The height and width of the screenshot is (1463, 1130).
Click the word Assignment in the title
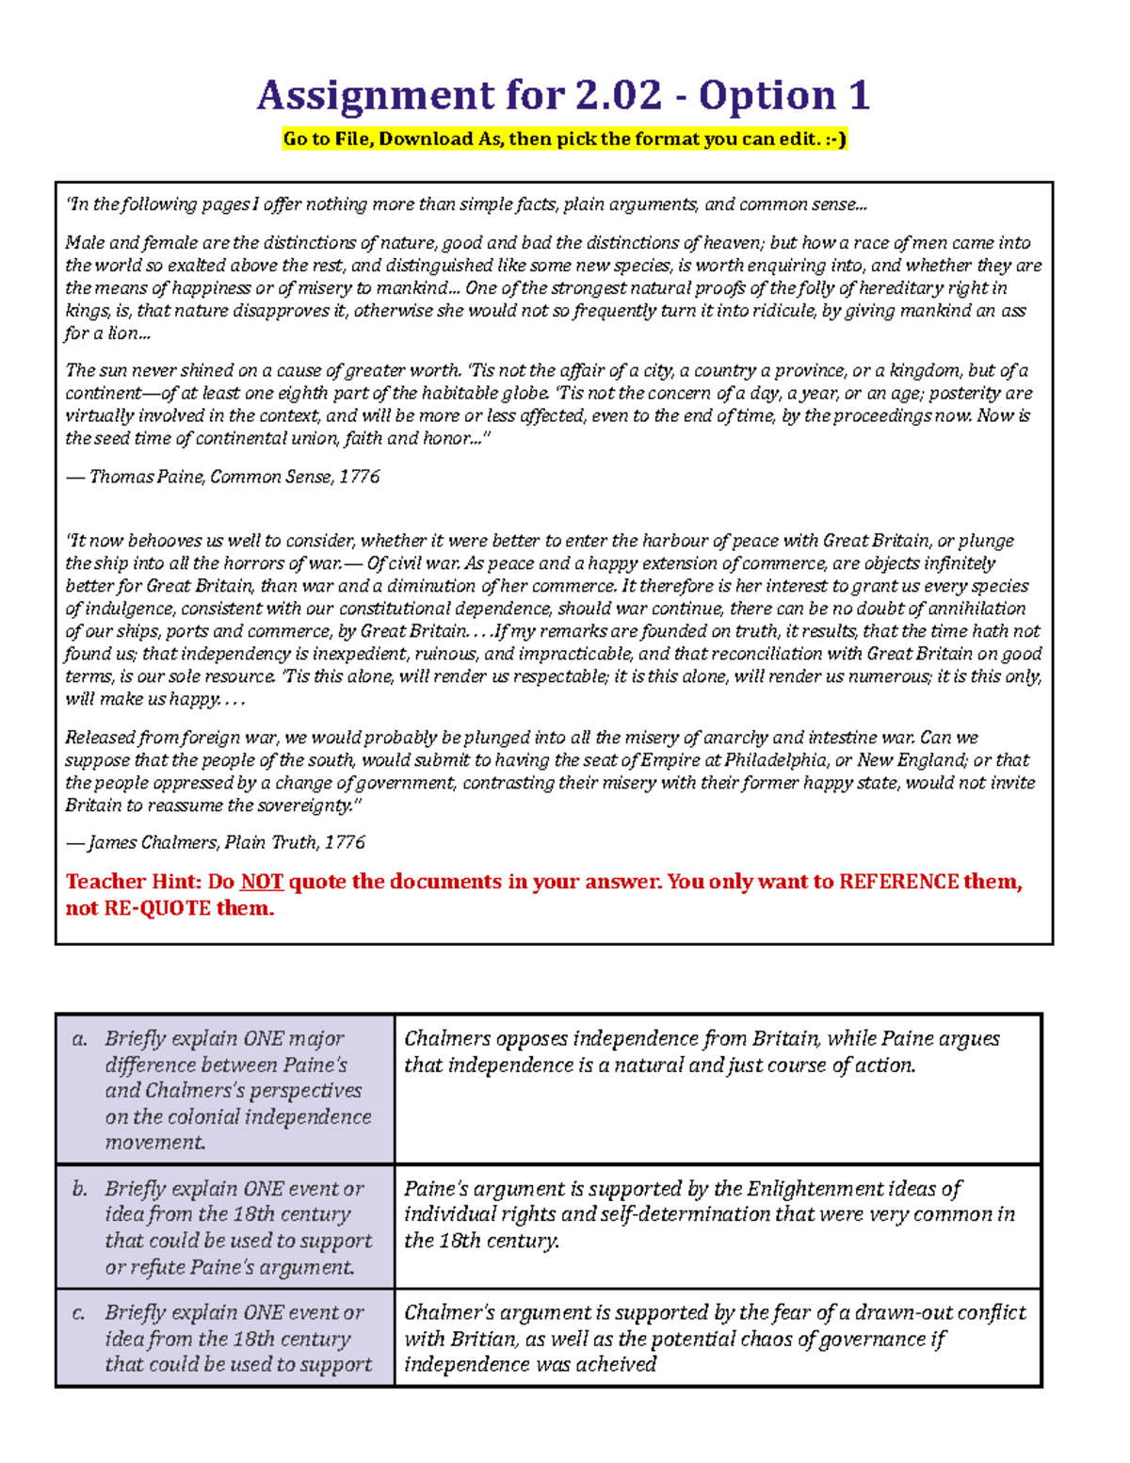click(375, 96)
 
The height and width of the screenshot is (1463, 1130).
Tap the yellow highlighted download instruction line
click(565, 139)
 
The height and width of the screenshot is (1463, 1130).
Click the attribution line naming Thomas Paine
click(222, 477)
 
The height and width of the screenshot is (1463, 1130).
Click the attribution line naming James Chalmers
click(215, 842)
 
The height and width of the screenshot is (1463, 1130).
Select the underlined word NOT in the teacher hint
click(262, 882)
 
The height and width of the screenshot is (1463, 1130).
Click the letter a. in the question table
click(80, 1039)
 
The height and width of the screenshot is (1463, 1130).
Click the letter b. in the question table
click(80, 1189)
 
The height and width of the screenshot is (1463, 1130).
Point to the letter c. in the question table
click(80, 1312)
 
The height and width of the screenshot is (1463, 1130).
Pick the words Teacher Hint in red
click(133, 882)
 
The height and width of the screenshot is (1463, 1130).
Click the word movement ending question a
click(154, 1143)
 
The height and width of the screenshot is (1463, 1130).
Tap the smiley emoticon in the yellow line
click(834, 139)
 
